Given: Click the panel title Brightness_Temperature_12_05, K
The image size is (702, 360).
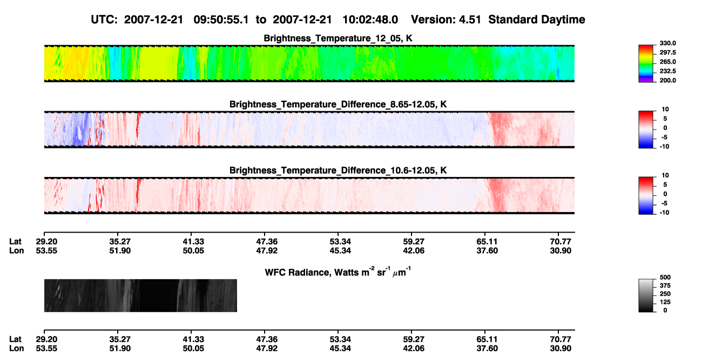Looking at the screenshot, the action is coord(338,38).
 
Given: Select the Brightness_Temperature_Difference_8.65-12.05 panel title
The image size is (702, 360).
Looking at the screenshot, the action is coord(338,104).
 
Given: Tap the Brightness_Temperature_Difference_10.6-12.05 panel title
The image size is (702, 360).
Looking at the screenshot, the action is coord(338,171).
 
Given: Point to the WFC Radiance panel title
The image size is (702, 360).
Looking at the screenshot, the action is coord(338,271).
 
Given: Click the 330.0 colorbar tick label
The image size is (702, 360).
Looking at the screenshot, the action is coord(667,43).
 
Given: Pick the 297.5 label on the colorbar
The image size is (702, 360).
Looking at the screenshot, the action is coord(667,52).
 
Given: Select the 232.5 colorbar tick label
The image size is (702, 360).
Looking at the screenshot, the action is coord(667,71).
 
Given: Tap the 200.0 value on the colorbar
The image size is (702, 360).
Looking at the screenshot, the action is coord(667,80).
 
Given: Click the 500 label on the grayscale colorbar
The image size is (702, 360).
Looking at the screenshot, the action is coord(665,277).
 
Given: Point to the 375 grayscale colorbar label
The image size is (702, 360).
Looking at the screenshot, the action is coord(665,286).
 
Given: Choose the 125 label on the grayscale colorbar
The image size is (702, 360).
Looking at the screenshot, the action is coord(665,302).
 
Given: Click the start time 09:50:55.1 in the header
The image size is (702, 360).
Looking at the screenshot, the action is coord(221,19).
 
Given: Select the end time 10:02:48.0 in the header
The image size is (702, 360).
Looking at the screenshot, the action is coord(370,19).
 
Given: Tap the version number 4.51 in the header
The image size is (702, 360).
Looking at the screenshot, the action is coord(470,19).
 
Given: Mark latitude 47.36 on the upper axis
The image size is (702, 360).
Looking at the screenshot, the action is coord(267,242).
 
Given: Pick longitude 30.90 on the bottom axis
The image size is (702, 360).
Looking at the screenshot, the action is coord(561,348).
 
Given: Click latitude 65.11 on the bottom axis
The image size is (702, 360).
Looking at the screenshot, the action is coord(487,339).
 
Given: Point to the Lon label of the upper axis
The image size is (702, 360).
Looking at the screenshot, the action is coord(16,250).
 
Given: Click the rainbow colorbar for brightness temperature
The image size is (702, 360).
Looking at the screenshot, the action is coord(646,64).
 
